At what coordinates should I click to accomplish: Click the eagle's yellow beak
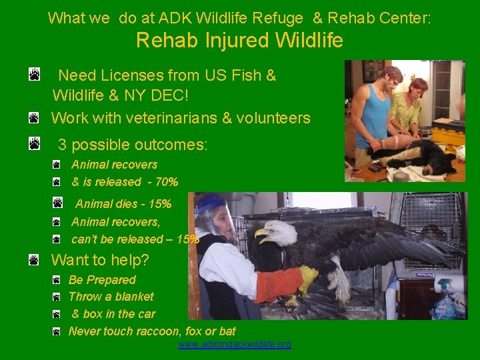[261, 235]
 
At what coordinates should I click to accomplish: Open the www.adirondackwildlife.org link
[235, 345]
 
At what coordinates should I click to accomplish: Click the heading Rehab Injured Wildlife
[239, 41]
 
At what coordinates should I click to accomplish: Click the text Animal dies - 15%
[123, 204]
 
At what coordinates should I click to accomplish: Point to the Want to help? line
[100, 260]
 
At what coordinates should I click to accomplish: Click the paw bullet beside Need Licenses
[34, 74]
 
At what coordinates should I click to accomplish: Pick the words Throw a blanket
[111, 297]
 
